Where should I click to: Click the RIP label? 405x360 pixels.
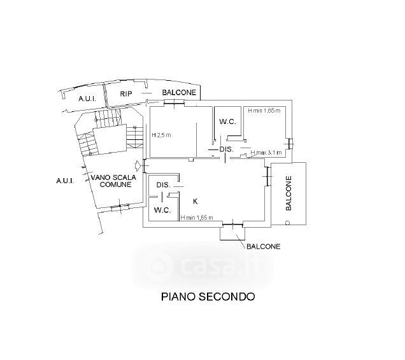[x=125, y=93]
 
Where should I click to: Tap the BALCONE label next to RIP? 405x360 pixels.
[x=178, y=93]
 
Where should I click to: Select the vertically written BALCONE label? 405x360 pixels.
[x=288, y=193]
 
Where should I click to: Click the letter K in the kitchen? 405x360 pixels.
[x=195, y=201]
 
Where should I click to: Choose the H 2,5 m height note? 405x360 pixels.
[x=162, y=135]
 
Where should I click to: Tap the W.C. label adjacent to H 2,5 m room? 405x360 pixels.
[x=227, y=121]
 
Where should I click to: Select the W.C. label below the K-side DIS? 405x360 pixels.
[x=162, y=210]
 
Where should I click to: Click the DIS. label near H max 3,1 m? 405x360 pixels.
[x=226, y=149]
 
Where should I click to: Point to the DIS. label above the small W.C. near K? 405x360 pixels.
[x=163, y=185]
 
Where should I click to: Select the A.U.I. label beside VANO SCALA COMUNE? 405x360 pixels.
[x=66, y=181]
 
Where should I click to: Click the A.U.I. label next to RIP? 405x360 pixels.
[x=87, y=99]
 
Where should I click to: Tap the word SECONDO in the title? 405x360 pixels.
[x=228, y=296]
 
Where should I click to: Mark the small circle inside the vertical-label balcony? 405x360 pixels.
[x=287, y=223]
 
